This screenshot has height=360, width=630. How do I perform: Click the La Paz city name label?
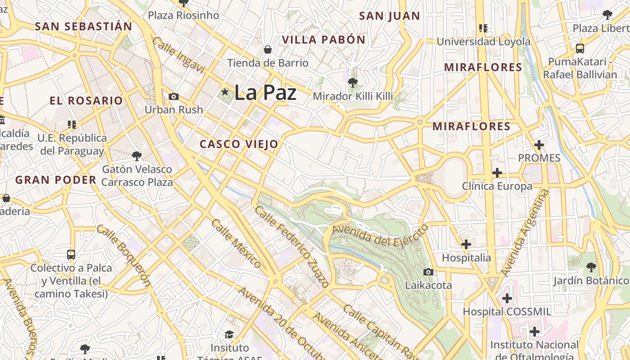coord(265,93)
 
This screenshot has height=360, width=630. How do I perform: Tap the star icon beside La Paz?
coord(225,92)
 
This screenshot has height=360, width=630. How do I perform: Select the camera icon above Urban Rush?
coord(173,96)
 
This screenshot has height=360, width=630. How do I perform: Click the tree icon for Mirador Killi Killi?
coord(353,82)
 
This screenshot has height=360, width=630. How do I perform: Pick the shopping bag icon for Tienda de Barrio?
coord(268,49)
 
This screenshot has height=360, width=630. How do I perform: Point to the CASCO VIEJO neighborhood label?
coord(239,144)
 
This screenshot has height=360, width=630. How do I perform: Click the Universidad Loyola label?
coord(483,42)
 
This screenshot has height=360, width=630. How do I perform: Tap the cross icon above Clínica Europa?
coord(497,173)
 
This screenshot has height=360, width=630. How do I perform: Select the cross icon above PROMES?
coord(539,145)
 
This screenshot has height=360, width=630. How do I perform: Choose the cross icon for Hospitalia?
coord(466,244)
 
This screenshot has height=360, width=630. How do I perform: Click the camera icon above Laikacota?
coord(428,272)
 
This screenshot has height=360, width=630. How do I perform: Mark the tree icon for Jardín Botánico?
coord(591,267)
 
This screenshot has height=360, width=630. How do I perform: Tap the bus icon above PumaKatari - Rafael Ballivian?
coord(580,49)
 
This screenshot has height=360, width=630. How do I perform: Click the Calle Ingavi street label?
coord(179,56)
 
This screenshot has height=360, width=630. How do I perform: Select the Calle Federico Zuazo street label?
coord(292,247)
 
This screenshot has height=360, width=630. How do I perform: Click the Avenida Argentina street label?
coord(525,233)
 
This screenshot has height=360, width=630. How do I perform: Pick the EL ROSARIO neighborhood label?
coord(86,101)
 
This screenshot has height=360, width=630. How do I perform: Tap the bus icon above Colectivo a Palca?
coord(71,254)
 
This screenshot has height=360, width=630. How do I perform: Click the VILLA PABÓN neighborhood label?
coord(324,40)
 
